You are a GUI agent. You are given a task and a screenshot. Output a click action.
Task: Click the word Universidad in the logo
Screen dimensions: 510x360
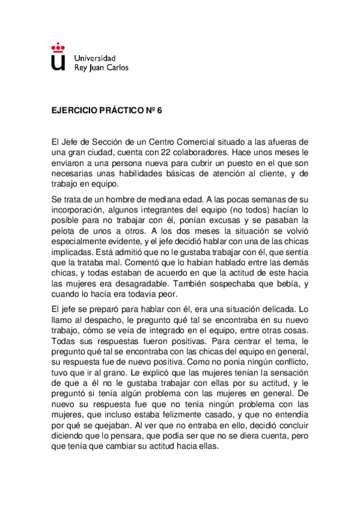click(94, 58)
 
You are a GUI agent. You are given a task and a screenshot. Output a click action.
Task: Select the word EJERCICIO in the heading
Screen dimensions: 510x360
click(75, 111)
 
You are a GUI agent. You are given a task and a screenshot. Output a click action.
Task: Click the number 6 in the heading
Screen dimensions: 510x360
click(160, 111)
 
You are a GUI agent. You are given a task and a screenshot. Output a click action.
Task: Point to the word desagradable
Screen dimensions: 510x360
click(148, 282)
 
